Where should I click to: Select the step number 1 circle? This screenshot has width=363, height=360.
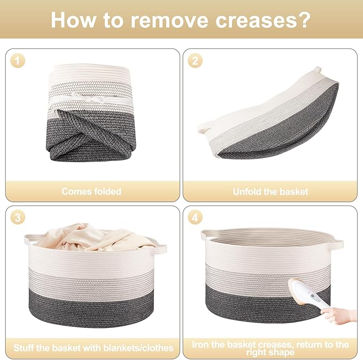click(18, 60)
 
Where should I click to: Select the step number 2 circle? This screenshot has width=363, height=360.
click(195, 60)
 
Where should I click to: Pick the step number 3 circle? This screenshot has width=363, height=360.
click(18, 218)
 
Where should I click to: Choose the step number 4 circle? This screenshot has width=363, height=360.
click(195, 218)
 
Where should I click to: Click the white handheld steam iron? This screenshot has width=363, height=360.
click(308, 295)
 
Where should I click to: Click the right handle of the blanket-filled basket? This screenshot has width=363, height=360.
click(160, 249)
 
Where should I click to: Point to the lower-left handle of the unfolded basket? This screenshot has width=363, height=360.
click(205, 127)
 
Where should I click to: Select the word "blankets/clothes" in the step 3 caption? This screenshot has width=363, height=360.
click(138, 348)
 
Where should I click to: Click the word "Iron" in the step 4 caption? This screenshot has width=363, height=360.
click(200, 344)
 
